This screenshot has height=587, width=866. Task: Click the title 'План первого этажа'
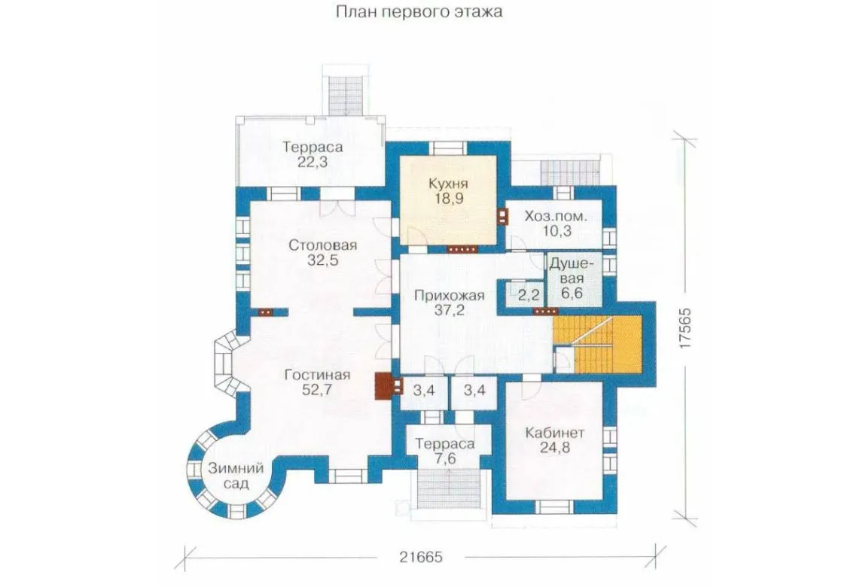[x=419, y=12]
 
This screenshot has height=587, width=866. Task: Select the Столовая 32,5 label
[x=323, y=252]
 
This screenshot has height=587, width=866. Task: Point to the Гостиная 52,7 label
[x=318, y=382]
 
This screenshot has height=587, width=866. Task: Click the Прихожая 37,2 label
[x=449, y=303]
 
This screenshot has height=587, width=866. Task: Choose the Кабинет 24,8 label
[x=554, y=440]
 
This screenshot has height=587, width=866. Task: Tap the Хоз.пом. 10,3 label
[x=556, y=224]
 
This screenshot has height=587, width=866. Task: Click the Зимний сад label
[x=236, y=476]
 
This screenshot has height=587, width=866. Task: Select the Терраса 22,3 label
[x=313, y=154]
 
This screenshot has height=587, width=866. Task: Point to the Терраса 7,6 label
[x=445, y=452]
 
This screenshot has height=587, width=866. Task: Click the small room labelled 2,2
[x=528, y=294]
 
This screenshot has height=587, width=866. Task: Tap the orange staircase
[x=598, y=345]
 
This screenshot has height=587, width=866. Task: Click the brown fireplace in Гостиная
[x=383, y=386]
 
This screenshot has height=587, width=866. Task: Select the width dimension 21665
[x=422, y=557]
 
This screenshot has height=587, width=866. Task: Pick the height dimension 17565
[x=685, y=326]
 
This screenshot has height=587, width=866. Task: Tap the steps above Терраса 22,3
[x=346, y=95]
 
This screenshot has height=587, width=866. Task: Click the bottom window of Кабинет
[x=554, y=506]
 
